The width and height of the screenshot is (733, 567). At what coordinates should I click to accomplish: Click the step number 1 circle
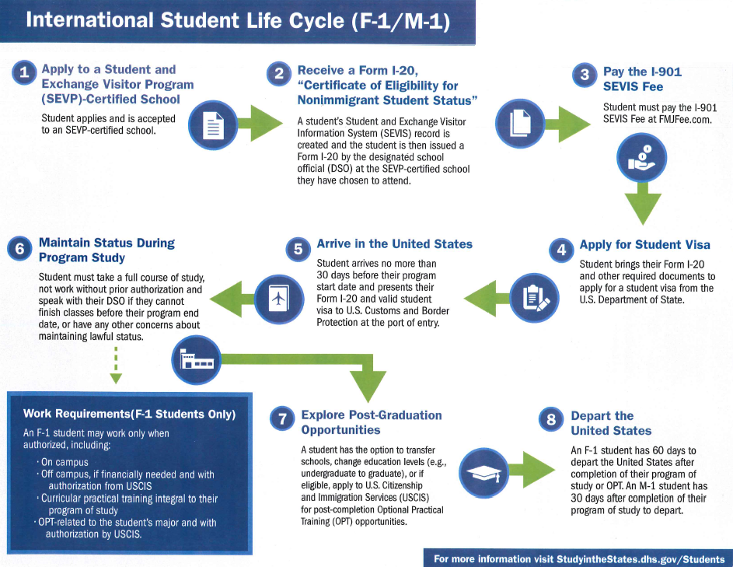click(x=24, y=72)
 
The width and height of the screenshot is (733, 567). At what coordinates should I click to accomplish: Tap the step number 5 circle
click(x=298, y=249)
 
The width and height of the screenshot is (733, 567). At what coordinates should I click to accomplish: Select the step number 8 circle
click(x=551, y=419)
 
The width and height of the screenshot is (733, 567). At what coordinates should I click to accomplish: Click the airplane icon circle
click(x=279, y=299)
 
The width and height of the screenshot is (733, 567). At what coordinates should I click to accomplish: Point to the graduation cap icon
click(x=483, y=473)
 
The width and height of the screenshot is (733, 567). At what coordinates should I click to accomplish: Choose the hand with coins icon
click(x=642, y=158)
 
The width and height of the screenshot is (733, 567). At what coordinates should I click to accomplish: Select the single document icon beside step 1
click(x=213, y=125)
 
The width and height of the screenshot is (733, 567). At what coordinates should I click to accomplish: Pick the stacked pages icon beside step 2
click(x=520, y=124)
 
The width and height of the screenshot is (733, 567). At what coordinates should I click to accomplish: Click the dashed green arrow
click(x=116, y=366)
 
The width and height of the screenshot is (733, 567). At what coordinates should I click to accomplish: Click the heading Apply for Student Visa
click(x=644, y=245)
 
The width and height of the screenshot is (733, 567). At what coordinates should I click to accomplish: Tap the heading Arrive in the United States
click(x=395, y=243)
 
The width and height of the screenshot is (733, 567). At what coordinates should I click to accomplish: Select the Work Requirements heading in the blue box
click(x=130, y=414)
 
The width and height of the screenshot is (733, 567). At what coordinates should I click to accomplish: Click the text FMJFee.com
click(x=685, y=119)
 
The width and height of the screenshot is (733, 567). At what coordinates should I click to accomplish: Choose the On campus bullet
click(x=63, y=462)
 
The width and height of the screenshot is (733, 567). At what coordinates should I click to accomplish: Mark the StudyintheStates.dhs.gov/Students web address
click(x=641, y=559)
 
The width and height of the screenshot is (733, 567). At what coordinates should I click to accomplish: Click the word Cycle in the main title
click(x=316, y=21)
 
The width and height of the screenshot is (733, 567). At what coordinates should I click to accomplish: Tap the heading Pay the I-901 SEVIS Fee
click(x=642, y=79)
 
